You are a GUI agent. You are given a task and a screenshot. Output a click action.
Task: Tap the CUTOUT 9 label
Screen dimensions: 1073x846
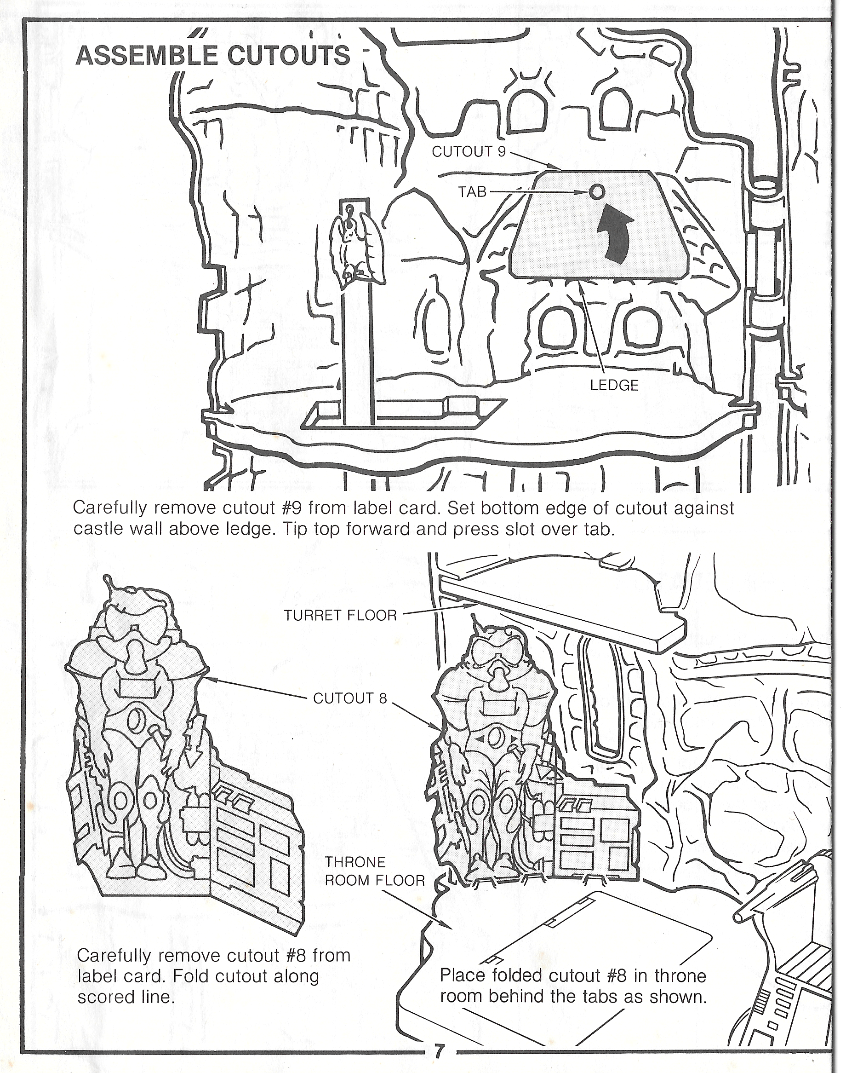click(469, 152)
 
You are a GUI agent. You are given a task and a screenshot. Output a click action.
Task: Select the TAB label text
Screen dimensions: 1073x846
click(472, 192)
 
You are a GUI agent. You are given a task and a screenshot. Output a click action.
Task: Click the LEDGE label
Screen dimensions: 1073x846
click(614, 385)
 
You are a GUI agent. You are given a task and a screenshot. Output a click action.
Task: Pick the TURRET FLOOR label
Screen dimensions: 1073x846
click(340, 616)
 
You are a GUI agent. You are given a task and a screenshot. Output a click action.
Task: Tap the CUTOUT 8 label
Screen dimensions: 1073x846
click(350, 698)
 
